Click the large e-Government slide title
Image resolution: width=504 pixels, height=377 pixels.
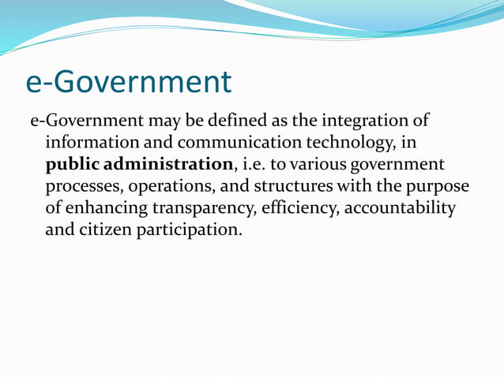[129, 81]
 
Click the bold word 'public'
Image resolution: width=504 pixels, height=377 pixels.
[72, 166]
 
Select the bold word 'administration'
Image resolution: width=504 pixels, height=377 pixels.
[168, 165]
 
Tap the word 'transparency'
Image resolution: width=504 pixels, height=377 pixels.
[212, 208]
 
